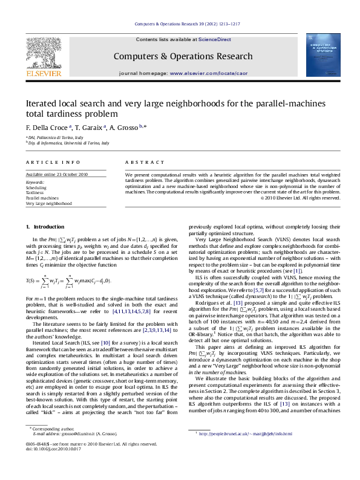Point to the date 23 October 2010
(76, 174)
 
